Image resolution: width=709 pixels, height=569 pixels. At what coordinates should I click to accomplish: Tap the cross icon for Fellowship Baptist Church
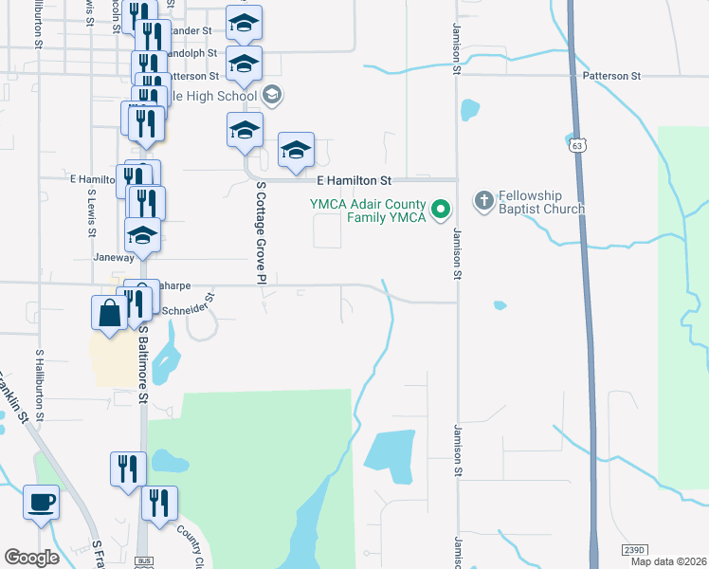pyautogui.click(x=483, y=200)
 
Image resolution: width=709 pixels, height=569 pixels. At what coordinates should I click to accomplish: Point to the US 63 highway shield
pyautogui.click(x=577, y=145)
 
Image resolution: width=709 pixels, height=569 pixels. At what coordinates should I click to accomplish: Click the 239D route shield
pyautogui.click(x=634, y=550)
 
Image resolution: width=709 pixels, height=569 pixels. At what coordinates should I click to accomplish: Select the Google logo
pyautogui.click(x=32, y=558)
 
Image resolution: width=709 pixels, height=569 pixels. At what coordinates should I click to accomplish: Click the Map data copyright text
pyautogui.click(x=668, y=561)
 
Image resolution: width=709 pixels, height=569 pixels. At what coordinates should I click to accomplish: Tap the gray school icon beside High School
pyautogui.click(x=272, y=94)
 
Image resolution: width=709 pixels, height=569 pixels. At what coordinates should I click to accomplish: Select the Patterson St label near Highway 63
pyautogui.click(x=612, y=76)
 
